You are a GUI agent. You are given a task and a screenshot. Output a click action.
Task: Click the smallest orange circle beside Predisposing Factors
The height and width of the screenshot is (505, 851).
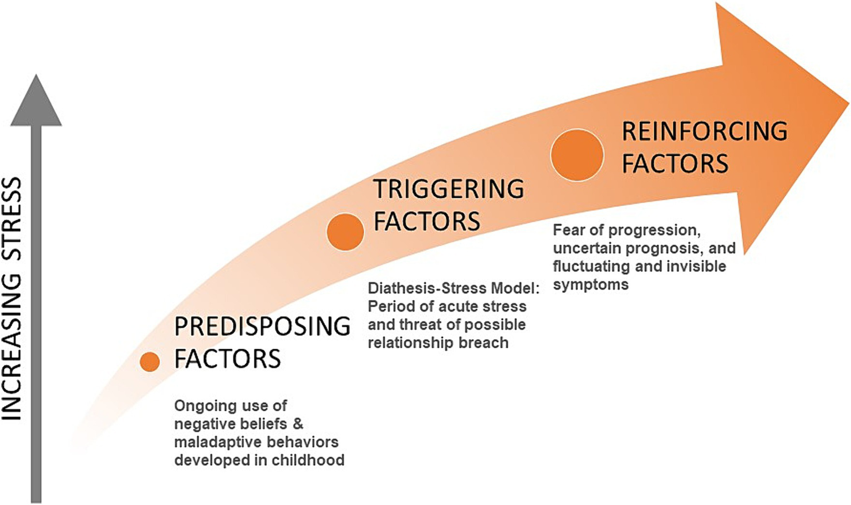pyautogui.click(x=150, y=361)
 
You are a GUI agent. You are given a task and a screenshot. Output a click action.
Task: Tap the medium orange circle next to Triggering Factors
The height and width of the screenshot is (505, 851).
pyautogui.click(x=345, y=232)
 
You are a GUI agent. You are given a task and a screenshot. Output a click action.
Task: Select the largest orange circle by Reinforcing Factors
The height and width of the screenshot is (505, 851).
pyautogui.click(x=577, y=155)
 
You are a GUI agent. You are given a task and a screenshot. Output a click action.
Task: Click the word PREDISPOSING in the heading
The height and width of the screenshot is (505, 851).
pyautogui.click(x=262, y=327)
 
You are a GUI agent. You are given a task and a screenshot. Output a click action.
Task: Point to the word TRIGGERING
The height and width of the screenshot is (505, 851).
pyautogui.click(x=449, y=189)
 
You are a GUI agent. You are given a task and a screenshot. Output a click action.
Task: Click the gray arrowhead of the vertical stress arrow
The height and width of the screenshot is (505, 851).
pyautogui.click(x=36, y=103)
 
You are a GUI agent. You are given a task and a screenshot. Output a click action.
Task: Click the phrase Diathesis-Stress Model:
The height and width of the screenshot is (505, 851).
pyautogui.click(x=453, y=288)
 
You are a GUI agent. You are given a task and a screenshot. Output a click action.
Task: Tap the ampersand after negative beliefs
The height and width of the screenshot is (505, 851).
pyautogui.click(x=298, y=424)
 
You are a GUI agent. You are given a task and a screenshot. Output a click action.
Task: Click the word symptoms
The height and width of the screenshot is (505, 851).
pyautogui.click(x=590, y=285)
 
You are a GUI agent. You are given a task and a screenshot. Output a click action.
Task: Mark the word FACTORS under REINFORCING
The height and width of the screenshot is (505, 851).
pyautogui.click(x=675, y=164)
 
